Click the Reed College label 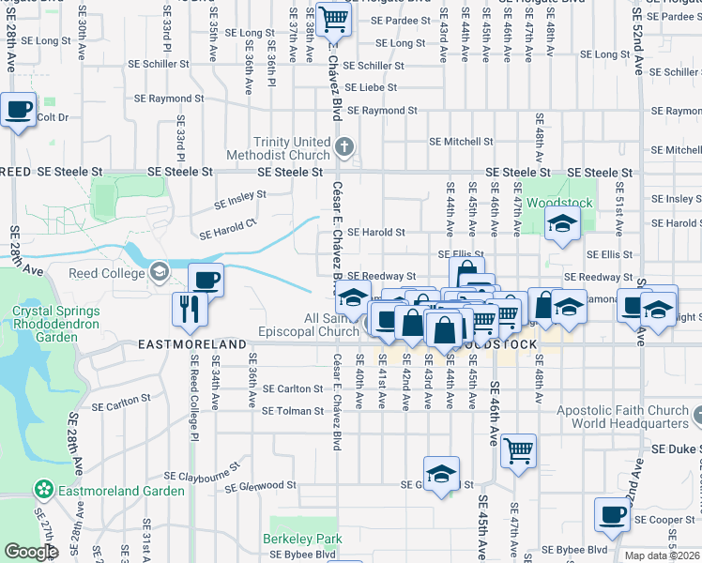[108, 273]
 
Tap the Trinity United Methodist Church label [291, 148]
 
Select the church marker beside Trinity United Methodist [345, 146]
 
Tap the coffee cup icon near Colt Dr [18, 110]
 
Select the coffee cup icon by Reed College [206, 279]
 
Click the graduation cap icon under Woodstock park [562, 223]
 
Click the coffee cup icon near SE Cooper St [612, 513]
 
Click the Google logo [31, 552]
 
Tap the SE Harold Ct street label [226, 229]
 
